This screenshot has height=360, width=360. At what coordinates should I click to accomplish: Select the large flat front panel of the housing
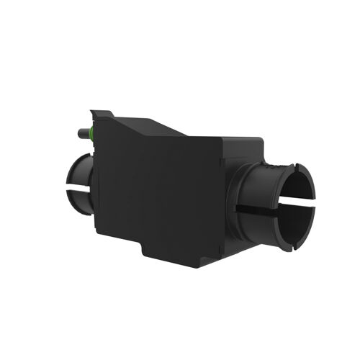[155, 191]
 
